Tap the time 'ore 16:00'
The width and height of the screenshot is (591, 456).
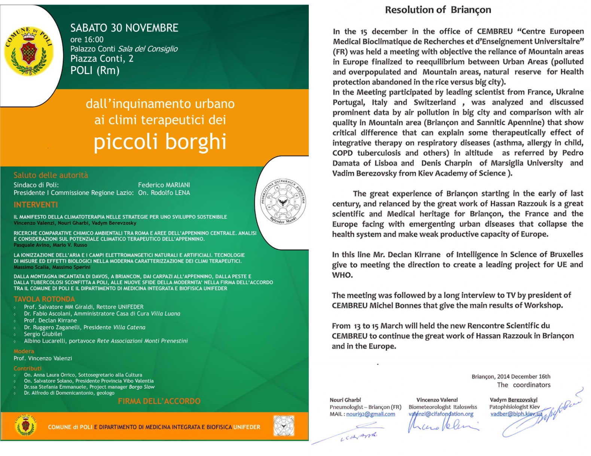coord(87,39)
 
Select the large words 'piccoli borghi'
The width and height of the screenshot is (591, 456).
coord(160,142)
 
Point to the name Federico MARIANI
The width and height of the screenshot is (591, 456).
coord(164,185)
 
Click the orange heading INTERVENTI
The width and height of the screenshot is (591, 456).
coord(36,205)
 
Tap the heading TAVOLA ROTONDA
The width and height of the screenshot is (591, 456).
coord(44,299)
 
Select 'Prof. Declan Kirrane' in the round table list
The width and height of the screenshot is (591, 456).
coord(50,320)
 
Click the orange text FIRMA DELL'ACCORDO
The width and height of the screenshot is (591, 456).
coord(159,401)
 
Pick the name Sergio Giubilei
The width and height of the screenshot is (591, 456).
coord(43,334)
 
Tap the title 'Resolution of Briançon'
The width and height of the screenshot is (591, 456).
coord(438,10)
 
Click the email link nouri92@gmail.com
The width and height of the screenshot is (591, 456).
coord(371,414)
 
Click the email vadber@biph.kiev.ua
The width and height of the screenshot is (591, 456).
coord(516,414)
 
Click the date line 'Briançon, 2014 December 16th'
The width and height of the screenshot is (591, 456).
coord(511,376)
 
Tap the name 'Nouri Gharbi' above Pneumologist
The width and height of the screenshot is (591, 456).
coord(345,400)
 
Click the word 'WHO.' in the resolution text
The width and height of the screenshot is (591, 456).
coord(342,275)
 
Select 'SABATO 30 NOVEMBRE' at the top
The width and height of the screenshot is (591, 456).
coord(124,28)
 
